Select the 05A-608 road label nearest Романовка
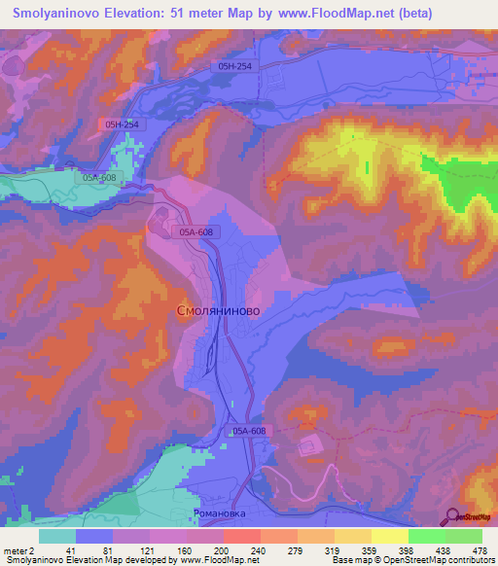(x=249, y=430)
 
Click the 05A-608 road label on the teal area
(x=99, y=178)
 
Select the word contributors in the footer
(x=469, y=559)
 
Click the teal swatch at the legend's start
(x=57, y=536)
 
